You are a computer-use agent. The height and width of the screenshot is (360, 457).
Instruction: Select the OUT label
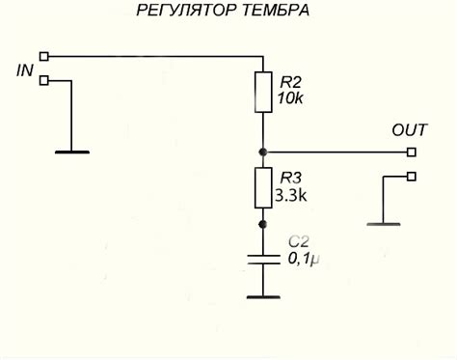(x=408, y=129)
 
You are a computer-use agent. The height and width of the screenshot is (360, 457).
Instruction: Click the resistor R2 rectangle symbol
(x=262, y=91)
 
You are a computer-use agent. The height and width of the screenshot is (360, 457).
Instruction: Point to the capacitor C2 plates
(x=262, y=259)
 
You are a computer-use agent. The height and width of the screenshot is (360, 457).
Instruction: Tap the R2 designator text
(x=288, y=82)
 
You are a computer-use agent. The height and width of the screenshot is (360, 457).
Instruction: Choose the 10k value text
(x=289, y=98)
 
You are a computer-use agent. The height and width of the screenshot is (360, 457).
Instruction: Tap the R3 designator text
(x=288, y=178)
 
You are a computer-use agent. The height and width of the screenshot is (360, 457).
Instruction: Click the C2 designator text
(x=300, y=242)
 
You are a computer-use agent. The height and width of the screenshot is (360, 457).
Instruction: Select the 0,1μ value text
(x=305, y=259)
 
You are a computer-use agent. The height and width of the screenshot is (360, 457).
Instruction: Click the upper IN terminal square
(x=43, y=57)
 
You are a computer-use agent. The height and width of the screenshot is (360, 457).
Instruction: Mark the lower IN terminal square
(x=43, y=81)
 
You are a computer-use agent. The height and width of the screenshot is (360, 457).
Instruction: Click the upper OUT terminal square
(x=412, y=152)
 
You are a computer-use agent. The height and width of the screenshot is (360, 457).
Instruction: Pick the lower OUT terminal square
(x=412, y=177)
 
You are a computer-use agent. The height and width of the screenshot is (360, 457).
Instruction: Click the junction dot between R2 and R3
(x=262, y=152)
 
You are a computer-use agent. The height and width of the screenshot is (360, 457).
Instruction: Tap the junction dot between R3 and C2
(x=262, y=223)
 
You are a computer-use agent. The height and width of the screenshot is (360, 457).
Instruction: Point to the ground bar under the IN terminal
(x=71, y=151)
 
